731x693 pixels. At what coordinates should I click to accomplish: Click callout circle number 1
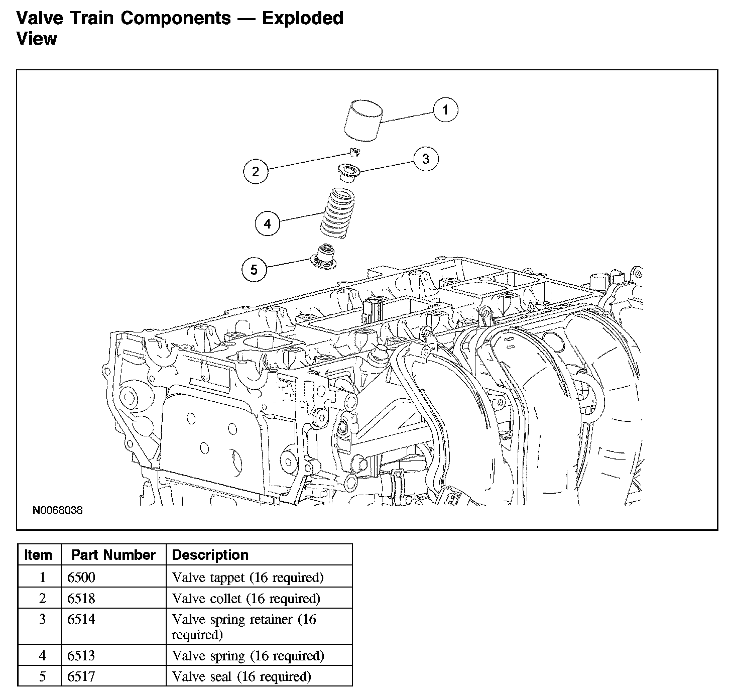445,110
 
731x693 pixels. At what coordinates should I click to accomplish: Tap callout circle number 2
256,171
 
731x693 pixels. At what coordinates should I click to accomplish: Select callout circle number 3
426,159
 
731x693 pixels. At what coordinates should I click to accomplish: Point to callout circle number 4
267,223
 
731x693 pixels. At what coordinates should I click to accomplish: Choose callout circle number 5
254,269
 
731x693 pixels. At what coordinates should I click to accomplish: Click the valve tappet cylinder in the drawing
363,121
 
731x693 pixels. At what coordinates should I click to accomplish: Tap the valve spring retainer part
349,172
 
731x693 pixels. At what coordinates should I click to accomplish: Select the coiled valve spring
337,213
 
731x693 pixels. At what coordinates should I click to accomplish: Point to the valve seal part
324,257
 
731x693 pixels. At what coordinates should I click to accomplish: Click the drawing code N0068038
58,510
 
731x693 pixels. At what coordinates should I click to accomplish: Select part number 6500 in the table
81,577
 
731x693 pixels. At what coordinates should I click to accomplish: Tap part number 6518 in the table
81,598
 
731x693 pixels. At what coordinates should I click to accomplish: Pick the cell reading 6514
81,619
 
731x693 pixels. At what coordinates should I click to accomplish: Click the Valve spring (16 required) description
248,656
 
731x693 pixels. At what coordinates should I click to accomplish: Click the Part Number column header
113,555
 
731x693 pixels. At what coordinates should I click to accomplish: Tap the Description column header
210,555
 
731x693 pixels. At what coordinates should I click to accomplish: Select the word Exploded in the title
303,18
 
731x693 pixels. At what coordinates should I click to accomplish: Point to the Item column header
38,555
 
